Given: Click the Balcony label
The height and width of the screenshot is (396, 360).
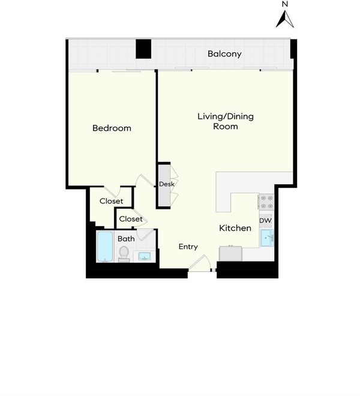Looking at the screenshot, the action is (224, 54).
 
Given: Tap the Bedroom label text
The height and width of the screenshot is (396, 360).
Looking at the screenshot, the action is (112, 128).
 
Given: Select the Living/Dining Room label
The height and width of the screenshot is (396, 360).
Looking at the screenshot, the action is (226, 121).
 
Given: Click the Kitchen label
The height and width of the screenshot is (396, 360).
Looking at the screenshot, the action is (235, 228).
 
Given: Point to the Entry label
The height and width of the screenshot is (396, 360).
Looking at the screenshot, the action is (188, 247).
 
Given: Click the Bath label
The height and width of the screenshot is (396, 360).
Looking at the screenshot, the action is (126, 239).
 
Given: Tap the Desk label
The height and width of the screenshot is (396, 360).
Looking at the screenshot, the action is (167, 184).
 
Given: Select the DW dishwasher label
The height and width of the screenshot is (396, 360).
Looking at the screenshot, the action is (266, 220).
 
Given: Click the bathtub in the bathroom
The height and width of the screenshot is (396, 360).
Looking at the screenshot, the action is (105, 247).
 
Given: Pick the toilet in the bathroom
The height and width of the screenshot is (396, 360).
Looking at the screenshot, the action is (124, 254).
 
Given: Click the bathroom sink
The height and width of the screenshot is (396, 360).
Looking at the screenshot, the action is (145, 256).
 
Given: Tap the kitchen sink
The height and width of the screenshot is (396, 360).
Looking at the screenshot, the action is (267, 238).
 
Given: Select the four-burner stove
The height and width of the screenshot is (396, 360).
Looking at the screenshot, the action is (266, 202).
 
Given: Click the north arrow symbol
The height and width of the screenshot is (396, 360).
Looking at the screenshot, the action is (285, 19).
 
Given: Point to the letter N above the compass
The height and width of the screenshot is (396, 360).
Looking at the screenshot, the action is (285, 4).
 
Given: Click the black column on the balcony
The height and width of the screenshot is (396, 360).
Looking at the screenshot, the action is (143, 49).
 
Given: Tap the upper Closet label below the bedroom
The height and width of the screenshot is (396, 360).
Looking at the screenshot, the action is (111, 201).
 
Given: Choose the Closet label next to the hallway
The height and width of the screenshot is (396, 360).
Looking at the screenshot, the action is (131, 219).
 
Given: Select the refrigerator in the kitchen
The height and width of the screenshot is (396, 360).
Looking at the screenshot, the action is (230, 253).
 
